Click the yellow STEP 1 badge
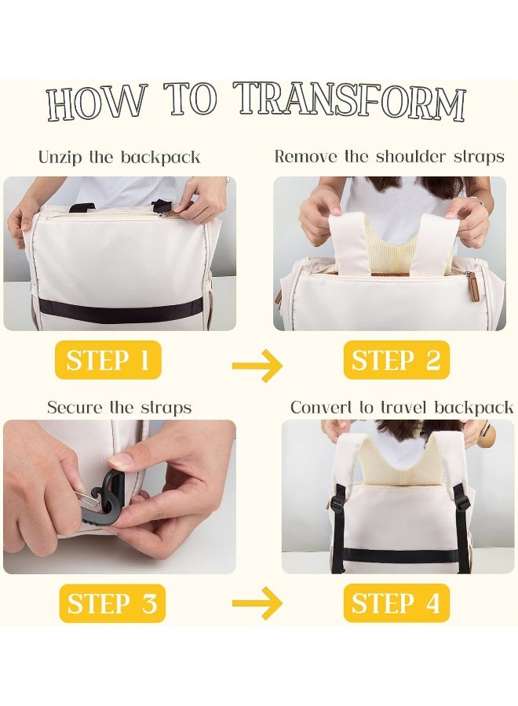click(108, 359)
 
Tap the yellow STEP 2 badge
click(396, 359)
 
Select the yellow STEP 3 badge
click(112, 603)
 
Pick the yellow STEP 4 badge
click(396, 603)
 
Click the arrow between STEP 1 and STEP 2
click(257, 365)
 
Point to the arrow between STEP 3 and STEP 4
click(257, 602)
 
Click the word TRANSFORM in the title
click(351, 103)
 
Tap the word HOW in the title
click(97, 103)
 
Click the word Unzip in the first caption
click(60, 158)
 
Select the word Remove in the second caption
click(306, 156)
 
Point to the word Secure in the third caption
click(75, 407)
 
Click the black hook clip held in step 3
click(105, 500)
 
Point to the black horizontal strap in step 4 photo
click(400, 555)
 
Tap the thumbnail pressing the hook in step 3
click(120, 460)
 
